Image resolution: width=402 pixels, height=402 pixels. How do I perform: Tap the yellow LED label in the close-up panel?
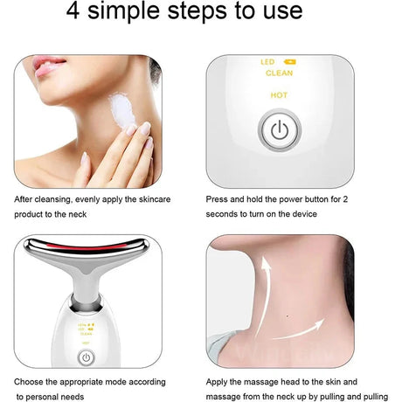[268, 62]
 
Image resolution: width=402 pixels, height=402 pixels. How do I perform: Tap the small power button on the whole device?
[86, 357]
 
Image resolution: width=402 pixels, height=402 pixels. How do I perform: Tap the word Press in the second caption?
[218, 199]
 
